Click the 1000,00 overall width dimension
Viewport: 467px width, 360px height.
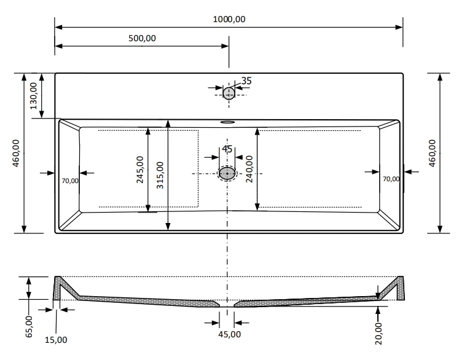(229, 19)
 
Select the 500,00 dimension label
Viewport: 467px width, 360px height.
(141, 38)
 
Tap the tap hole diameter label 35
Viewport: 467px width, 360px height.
(246, 80)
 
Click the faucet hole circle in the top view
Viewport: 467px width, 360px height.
(229, 93)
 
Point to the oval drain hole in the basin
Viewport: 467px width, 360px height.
(227, 174)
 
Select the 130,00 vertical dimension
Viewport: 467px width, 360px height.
(34, 96)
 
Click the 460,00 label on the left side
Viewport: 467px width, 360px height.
(17, 152)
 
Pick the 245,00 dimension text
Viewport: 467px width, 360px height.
(139, 170)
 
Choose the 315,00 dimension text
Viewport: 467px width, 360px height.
(160, 176)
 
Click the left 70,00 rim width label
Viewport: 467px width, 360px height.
(70, 181)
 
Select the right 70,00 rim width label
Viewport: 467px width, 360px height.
(391, 179)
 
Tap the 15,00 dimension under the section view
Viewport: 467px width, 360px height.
(57, 339)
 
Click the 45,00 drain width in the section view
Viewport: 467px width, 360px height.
(230, 334)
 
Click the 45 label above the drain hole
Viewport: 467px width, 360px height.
(227, 149)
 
